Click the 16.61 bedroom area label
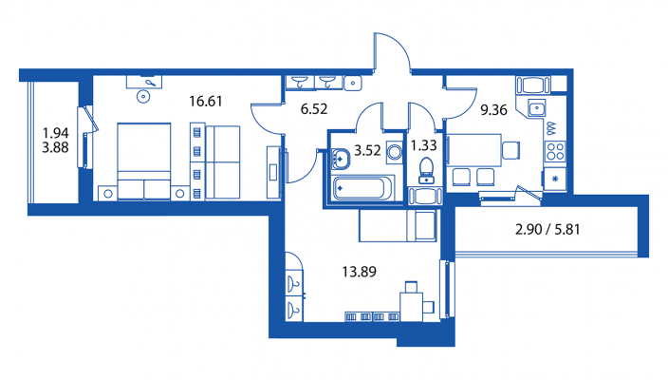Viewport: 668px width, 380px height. coord(205,102)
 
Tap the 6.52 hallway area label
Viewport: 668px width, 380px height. coord(314,109)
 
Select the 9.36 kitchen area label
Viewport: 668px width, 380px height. coord(493,110)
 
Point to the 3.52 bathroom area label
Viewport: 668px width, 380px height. coord(367,150)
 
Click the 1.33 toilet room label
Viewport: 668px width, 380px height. coord(423,146)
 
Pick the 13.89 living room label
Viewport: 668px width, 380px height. coord(359,272)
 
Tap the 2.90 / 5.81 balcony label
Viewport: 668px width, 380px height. coord(547,230)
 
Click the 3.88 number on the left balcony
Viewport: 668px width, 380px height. coord(55,147)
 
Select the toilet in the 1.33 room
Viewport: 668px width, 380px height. coord(426,171)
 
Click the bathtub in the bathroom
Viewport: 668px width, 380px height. coord(363,188)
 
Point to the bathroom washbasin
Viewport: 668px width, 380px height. coord(340,159)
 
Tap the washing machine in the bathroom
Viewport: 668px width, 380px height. coord(395,152)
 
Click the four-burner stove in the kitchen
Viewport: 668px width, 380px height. coord(555,151)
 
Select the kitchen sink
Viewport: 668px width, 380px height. coord(537,108)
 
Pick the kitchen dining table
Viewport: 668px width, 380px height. coord(474,150)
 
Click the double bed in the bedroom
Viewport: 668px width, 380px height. coord(144,161)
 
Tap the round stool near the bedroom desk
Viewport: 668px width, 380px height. coord(143,97)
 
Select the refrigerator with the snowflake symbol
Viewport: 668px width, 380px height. coord(555,180)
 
